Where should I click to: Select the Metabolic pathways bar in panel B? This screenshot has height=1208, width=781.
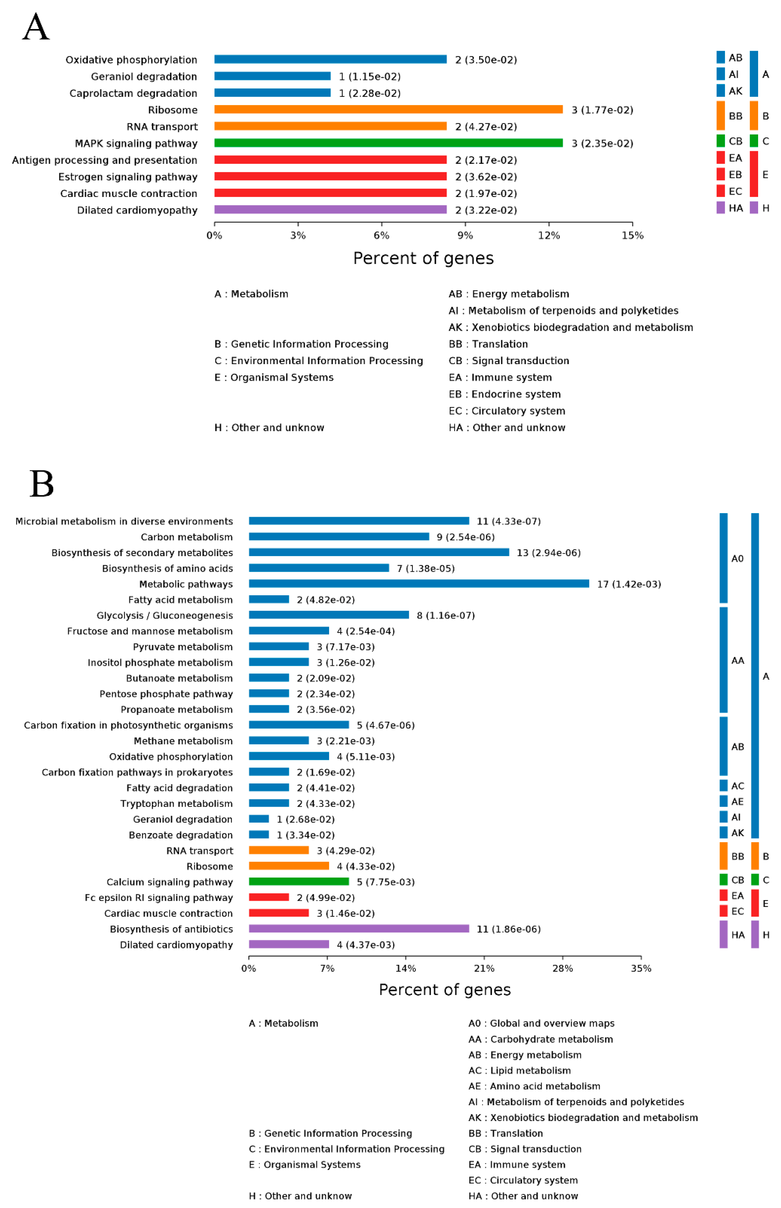coord(419,584)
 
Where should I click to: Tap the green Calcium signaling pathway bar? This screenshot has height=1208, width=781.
coord(299,882)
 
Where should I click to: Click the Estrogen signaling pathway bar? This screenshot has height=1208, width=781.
coord(330,176)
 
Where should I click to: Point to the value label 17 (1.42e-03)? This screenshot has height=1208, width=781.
coord(629,584)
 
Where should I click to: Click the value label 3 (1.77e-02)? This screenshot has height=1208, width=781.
coord(602,110)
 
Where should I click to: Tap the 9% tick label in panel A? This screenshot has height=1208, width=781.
coord(465,236)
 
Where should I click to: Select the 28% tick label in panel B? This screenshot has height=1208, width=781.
coord(562,968)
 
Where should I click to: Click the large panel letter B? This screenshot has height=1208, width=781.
coord(41,483)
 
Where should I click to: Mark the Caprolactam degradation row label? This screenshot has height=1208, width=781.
coord(133,93)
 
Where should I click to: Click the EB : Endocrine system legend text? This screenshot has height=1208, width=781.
coord(504,394)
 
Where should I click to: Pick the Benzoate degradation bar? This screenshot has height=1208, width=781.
coord(259,835)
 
